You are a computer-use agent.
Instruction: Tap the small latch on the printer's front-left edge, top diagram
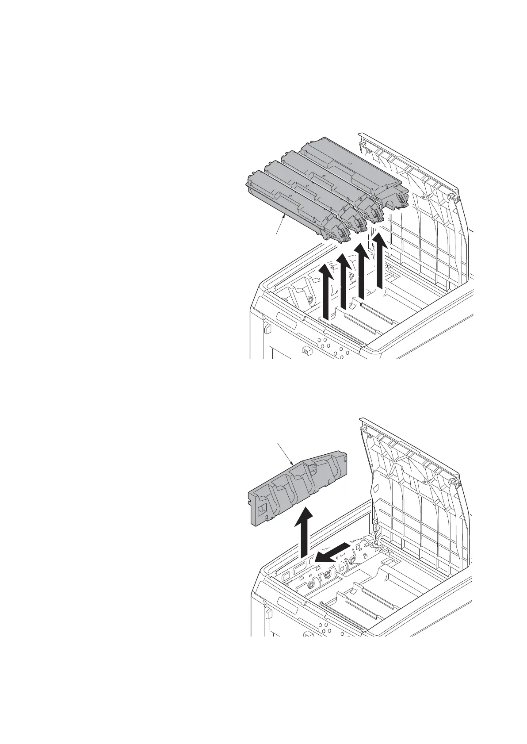[267, 329]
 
